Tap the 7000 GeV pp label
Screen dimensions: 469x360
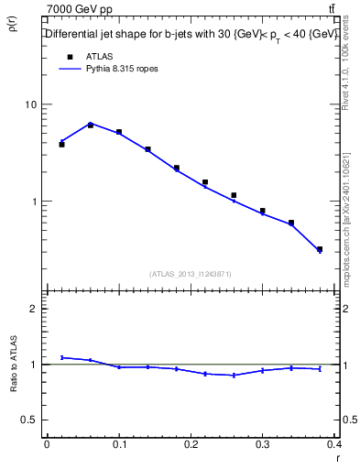click(82, 8)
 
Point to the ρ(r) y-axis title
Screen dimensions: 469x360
click(13, 25)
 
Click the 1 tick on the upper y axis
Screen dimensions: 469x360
click(35, 202)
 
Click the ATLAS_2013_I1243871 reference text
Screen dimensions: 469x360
click(191, 274)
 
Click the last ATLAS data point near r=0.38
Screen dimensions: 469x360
click(320, 249)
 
